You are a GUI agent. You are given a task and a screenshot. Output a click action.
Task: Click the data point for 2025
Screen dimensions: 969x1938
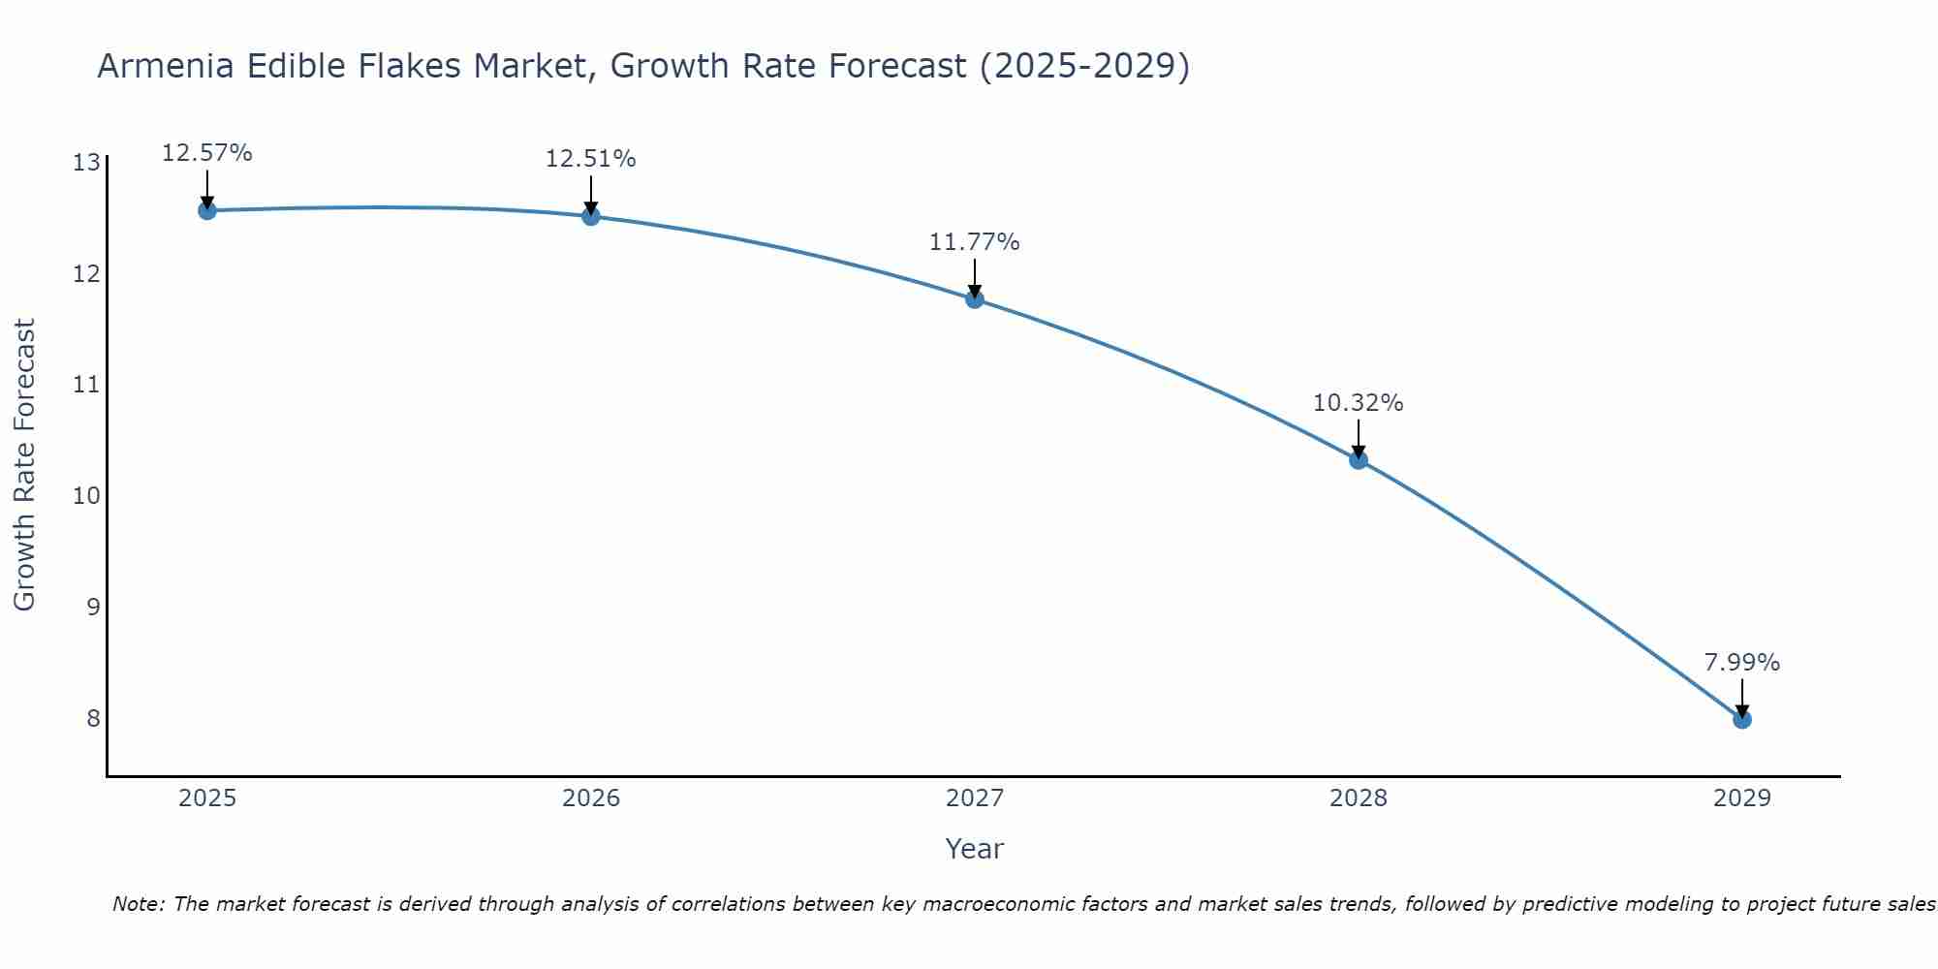coord(207,210)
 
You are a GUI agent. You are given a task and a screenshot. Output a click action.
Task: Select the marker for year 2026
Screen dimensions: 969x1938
coord(591,216)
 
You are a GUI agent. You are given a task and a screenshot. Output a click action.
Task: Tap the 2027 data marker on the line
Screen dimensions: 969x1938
coord(975,299)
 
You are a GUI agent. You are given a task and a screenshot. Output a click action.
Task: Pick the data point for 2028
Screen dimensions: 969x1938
coord(1359,460)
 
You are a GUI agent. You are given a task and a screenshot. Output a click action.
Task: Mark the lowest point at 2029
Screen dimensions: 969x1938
coord(1742,720)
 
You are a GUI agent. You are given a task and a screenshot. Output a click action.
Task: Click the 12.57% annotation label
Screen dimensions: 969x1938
coord(206,153)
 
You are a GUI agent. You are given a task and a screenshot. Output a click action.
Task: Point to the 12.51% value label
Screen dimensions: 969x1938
coord(590,159)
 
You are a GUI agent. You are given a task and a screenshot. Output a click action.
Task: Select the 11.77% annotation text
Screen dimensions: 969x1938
coord(974,242)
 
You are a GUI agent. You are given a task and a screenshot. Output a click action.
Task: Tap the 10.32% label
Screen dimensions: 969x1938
coord(1358,403)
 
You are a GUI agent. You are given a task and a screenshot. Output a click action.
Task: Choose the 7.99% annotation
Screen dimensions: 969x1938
coord(1741,663)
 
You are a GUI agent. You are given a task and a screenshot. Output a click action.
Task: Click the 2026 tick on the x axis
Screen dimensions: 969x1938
coord(591,798)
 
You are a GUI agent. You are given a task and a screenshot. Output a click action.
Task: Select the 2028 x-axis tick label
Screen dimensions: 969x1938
coord(1359,798)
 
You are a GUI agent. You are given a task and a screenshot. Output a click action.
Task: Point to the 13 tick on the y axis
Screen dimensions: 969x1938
coord(86,162)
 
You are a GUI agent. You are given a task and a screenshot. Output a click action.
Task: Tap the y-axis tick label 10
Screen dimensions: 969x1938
coord(86,496)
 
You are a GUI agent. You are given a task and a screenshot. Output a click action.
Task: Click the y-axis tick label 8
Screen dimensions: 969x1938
coord(93,718)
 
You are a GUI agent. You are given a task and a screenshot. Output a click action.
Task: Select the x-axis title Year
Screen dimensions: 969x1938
coord(974,849)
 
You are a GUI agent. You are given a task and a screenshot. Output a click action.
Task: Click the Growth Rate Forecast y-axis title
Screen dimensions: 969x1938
coord(25,465)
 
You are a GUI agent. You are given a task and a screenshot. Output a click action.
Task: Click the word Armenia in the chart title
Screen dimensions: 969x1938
coord(167,66)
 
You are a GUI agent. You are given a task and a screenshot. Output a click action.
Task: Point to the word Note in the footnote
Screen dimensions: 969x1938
coord(137,904)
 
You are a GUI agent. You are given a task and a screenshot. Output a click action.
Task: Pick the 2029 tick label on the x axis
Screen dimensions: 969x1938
coord(1742,798)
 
